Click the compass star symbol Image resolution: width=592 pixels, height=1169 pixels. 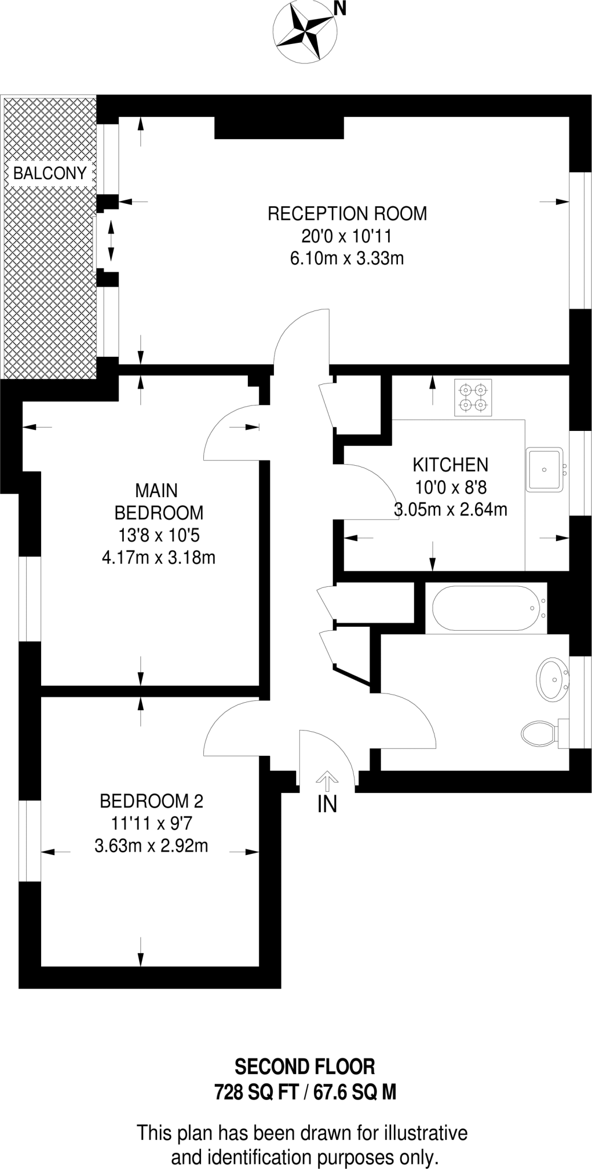pyautogui.click(x=304, y=31)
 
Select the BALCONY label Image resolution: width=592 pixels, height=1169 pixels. pyautogui.click(x=50, y=173)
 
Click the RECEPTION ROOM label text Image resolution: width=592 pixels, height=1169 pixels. pyautogui.click(x=347, y=213)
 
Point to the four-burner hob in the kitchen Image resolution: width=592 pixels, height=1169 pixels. pyautogui.click(x=473, y=398)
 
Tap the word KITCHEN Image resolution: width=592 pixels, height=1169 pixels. pyautogui.click(x=450, y=465)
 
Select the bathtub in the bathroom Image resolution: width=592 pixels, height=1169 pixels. pyautogui.click(x=485, y=608)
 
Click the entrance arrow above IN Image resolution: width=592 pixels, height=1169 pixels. pyautogui.click(x=327, y=779)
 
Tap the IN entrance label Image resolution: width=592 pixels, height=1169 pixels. pyautogui.click(x=327, y=804)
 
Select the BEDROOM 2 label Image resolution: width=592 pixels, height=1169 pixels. pyautogui.click(x=151, y=801)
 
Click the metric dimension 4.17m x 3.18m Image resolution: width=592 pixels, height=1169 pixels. pyautogui.click(x=158, y=557)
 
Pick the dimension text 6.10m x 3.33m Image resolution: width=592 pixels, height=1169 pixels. pyautogui.click(x=347, y=259)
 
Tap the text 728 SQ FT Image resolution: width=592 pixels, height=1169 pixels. pyautogui.click(x=256, y=1093)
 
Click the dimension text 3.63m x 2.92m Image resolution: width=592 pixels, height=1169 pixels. pyautogui.click(x=151, y=845)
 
